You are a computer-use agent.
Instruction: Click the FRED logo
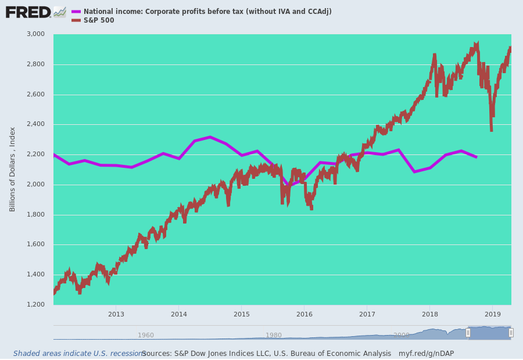tap(28, 12)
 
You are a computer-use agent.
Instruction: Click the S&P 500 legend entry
tap(99, 21)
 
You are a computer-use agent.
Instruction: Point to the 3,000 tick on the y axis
tap(35, 34)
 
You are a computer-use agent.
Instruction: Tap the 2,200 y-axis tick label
tap(35, 154)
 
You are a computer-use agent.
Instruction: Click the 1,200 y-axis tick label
tap(35, 305)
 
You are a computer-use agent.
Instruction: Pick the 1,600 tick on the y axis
tap(35, 244)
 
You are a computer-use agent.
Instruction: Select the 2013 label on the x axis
tap(116, 314)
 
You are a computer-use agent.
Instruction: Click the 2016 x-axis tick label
tap(304, 314)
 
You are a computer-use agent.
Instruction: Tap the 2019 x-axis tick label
tap(492, 314)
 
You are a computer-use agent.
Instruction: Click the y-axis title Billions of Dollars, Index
tap(13, 169)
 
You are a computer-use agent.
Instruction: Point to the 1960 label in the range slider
tap(146, 335)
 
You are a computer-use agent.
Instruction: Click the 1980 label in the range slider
tap(274, 335)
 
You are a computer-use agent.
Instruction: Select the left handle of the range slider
tap(468, 333)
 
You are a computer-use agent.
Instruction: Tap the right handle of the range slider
tap(511, 333)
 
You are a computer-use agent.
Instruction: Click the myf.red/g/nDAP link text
tap(426, 354)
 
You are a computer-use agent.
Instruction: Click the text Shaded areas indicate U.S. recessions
tap(79, 354)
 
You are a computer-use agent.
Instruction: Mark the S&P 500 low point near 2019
tap(491, 130)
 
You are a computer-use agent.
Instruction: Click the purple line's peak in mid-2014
tap(210, 137)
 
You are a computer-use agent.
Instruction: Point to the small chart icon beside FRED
tap(60, 12)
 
